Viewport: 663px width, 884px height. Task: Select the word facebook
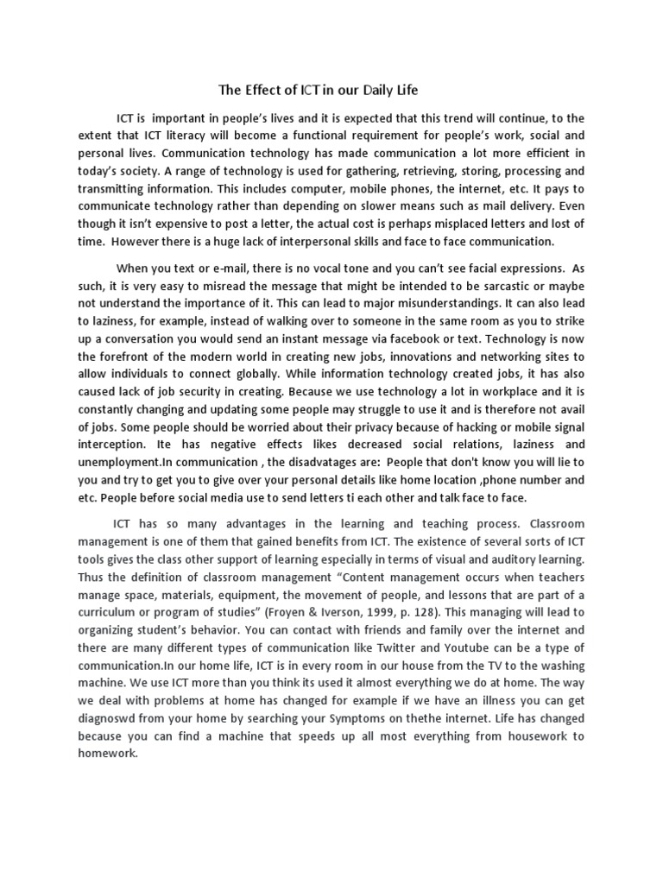click(460, 338)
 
